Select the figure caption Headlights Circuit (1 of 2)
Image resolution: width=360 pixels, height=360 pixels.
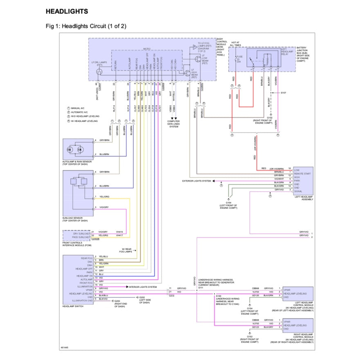[86, 26]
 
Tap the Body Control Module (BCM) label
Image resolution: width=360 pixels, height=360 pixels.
[222, 46]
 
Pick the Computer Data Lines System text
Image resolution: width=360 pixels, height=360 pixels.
[173, 124]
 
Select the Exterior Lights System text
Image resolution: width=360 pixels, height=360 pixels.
[197, 180]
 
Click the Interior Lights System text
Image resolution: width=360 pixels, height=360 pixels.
[143, 287]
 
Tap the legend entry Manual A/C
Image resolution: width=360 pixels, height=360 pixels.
[79, 108]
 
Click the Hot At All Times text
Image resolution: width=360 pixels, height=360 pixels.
[236, 44]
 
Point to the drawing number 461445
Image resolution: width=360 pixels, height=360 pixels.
[64, 348]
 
